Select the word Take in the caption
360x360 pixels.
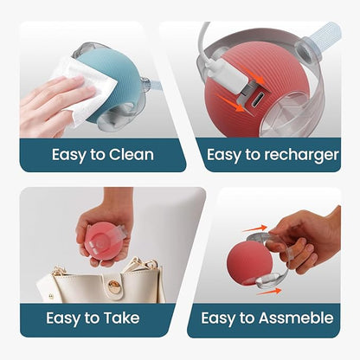click(121, 318)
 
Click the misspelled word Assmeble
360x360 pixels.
click(296, 318)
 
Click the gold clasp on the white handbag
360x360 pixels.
click(114, 286)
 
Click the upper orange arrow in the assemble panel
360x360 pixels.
click(254, 228)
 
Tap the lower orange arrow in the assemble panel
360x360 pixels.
click(269, 292)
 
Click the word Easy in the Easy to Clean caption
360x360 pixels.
click(69, 155)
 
